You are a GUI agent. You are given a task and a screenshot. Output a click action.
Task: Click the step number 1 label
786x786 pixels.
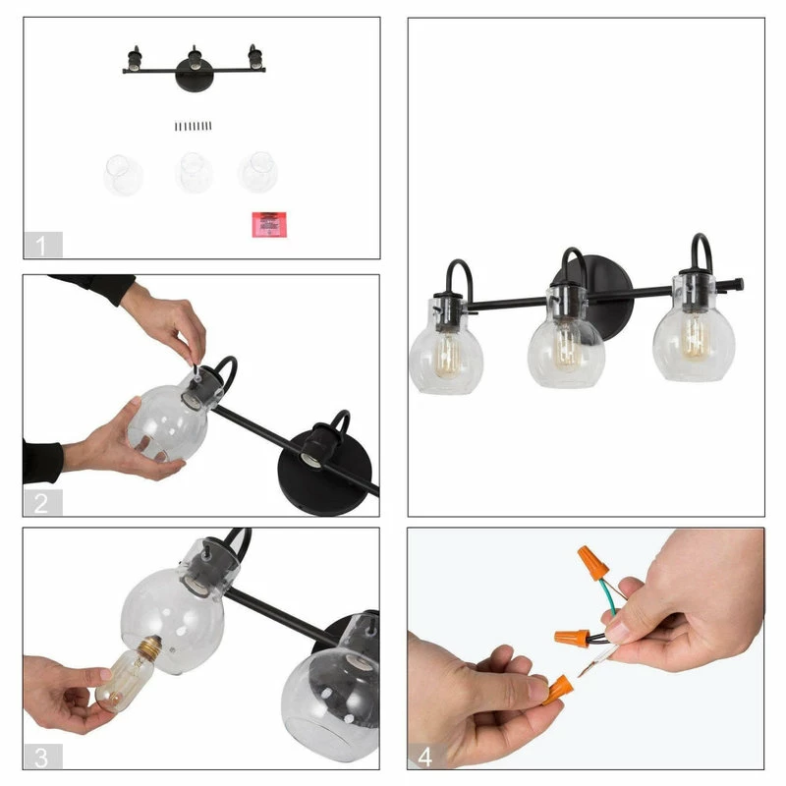(x=42, y=245)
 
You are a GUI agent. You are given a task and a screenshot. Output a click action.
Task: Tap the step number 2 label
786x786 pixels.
(x=42, y=502)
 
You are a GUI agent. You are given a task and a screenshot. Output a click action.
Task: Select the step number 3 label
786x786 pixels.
(x=42, y=757)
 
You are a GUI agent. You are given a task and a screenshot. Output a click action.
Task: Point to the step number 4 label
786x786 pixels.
(x=425, y=757)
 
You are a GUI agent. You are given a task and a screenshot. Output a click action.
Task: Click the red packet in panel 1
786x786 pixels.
(x=269, y=225)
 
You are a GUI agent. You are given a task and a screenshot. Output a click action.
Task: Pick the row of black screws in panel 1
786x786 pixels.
(x=193, y=126)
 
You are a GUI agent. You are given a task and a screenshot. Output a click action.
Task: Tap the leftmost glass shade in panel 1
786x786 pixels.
(x=123, y=175)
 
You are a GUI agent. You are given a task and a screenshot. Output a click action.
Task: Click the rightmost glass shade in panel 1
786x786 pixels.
(x=258, y=172)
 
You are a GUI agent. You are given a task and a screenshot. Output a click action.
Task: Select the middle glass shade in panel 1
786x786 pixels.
(x=194, y=173)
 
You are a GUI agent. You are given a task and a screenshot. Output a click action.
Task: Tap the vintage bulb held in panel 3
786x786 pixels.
(x=128, y=674)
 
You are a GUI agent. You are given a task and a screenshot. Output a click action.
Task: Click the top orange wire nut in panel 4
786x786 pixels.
(x=592, y=562)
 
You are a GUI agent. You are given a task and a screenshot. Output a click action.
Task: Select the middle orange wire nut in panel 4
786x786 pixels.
(x=572, y=638)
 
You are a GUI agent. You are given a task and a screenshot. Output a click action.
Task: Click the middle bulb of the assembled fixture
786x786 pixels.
(x=568, y=346)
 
